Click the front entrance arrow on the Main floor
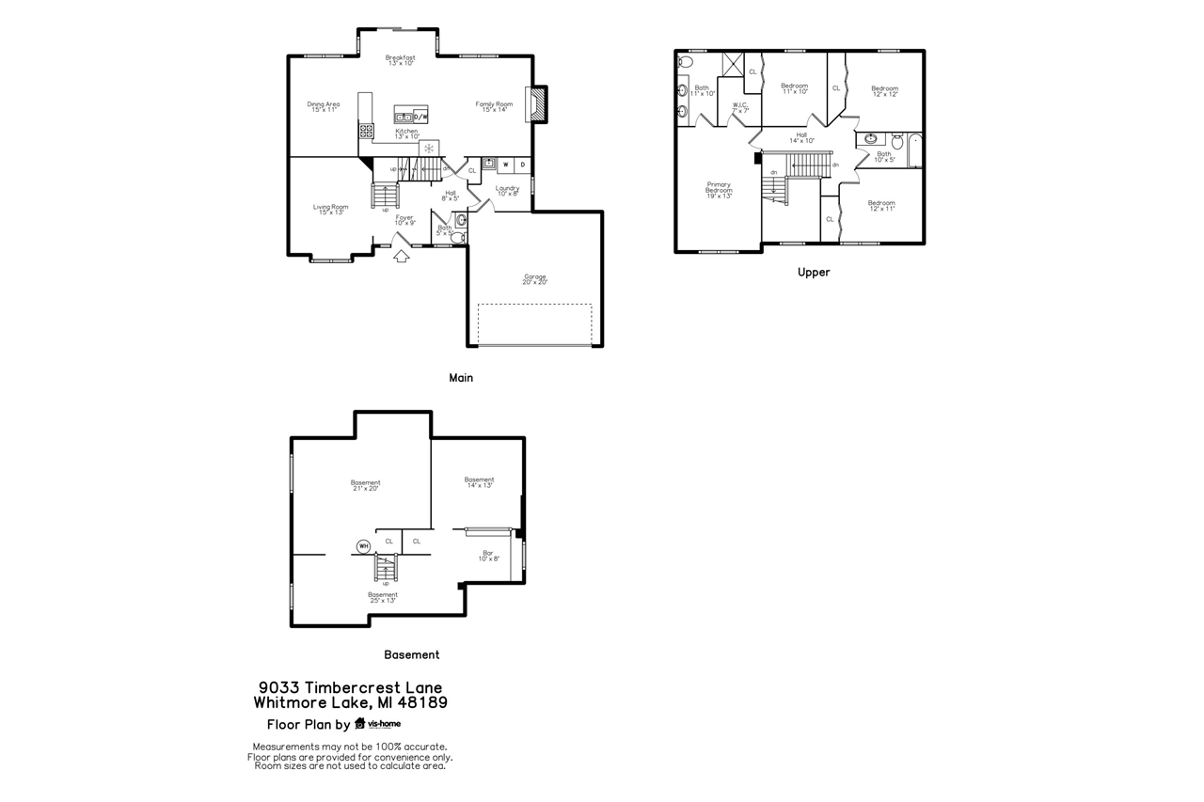click(402, 256)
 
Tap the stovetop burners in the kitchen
click(367, 131)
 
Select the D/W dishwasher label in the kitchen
click(420, 118)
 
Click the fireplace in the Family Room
click(537, 104)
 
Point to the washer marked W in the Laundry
click(506, 165)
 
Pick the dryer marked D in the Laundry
click(523, 165)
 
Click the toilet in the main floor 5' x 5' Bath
click(458, 238)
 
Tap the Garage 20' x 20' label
click(535, 279)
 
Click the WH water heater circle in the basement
click(363, 545)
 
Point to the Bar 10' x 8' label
click(488, 556)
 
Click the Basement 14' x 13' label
click(479, 482)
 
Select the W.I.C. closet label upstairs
click(740, 108)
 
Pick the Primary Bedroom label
click(719, 188)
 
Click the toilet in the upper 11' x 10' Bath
click(685, 62)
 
